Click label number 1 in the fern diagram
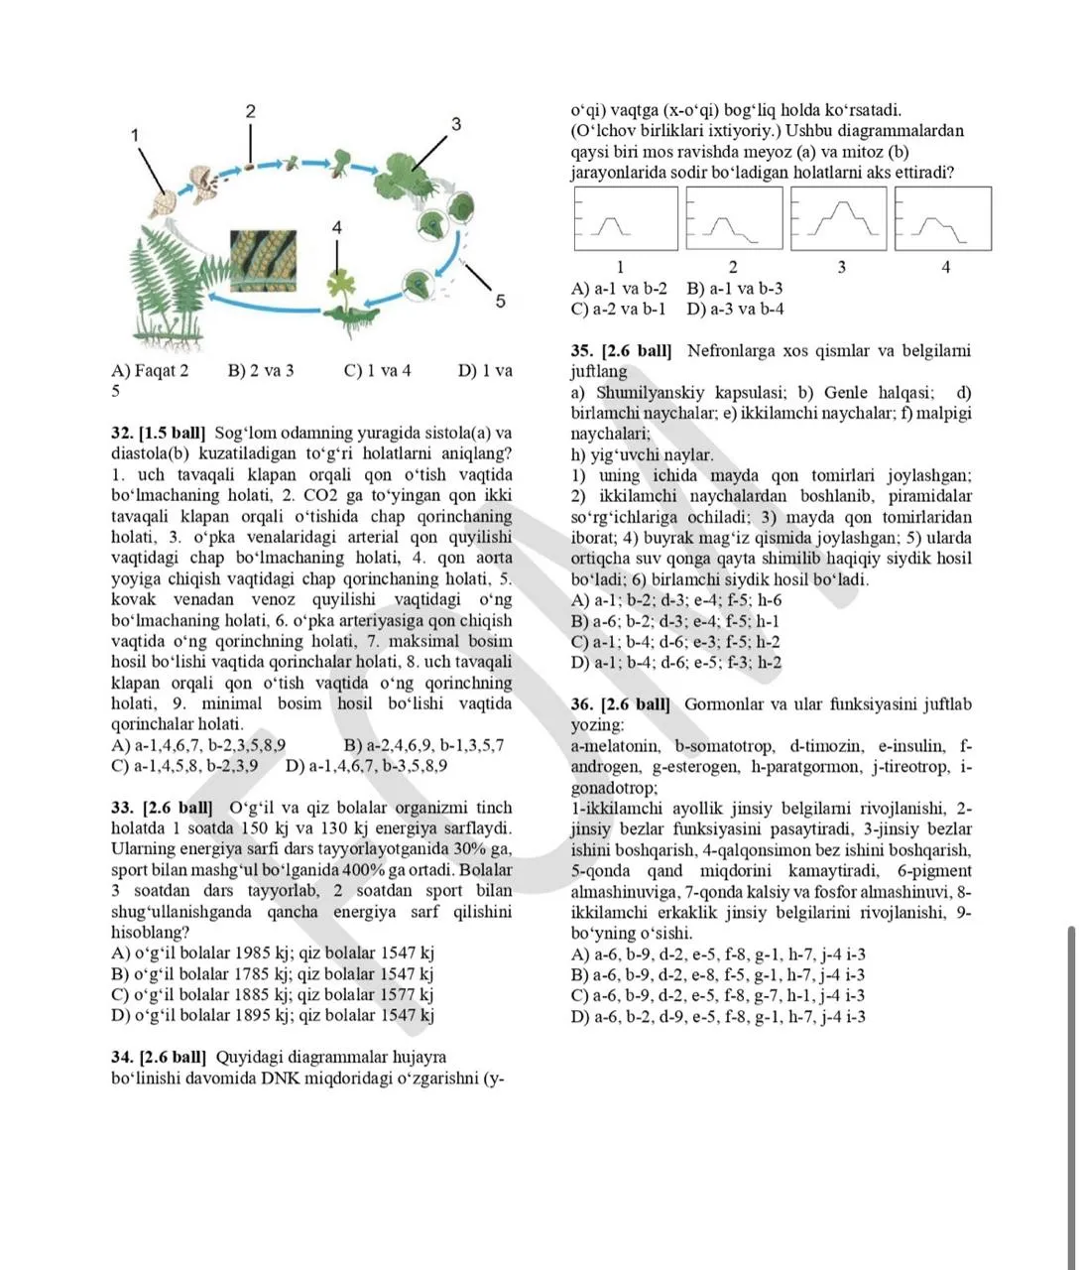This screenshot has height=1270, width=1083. pos(135,135)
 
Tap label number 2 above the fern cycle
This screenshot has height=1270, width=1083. pos(251,111)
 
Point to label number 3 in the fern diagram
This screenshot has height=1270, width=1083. pos(456,124)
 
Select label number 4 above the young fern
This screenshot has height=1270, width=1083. pos(336,227)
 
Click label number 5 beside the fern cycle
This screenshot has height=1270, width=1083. pos(501,301)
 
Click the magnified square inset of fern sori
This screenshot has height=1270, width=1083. pos(264,261)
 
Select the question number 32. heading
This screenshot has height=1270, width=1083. pos(123,433)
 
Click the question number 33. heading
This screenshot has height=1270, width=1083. pos(123,808)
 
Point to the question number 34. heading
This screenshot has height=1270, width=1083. pos(123,1057)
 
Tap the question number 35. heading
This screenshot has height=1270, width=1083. pos(582,351)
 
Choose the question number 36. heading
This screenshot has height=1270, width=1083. pos(582,704)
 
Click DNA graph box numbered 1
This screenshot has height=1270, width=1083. pos(626,218)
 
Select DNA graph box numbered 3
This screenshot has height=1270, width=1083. pos(838,218)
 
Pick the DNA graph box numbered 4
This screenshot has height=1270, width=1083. pos(943,218)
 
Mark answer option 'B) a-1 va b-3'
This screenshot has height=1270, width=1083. pos(735,288)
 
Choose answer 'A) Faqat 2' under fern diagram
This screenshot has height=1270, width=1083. pos(150,370)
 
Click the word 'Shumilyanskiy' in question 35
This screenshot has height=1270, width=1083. pos(652,393)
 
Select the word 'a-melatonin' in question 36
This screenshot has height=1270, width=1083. pos(616,746)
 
